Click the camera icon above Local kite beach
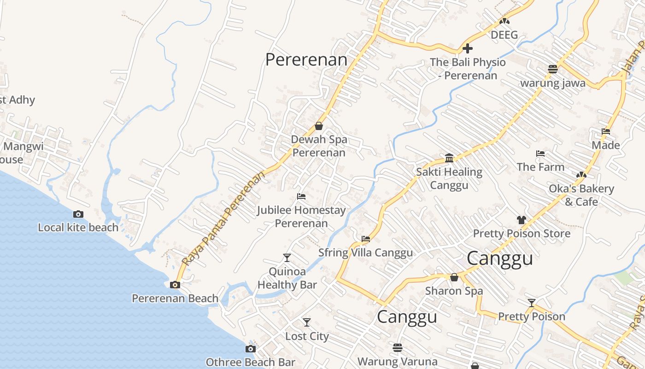pyautogui.click(x=78, y=214)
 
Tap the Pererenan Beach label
pyautogui.click(x=175, y=298)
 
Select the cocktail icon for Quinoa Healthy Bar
pyautogui.click(x=287, y=257)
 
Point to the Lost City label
pyautogui.click(x=307, y=336)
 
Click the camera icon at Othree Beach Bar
pyautogui.click(x=250, y=349)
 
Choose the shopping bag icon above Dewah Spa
pyautogui.click(x=318, y=125)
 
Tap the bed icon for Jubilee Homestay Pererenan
pyautogui.click(x=301, y=196)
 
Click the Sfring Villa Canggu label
pyautogui.click(x=365, y=253)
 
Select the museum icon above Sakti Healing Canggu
pyautogui.click(x=449, y=158)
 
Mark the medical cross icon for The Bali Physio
pyautogui.click(x=468, y=48)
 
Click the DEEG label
pyautogui.click(x=504, y=35)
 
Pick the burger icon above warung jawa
pyautogui.click(x=553, y=69)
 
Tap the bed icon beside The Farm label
pyautogui.click(x=540, y=153)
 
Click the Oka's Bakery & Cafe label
pyautogui.click(x=581, y=195)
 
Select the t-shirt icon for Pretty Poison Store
pyautogui.click(x=521, y=220)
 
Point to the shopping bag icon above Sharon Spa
pyautogui.click(x=454, y=277)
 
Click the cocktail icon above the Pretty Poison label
pyautogui.click(x=532, y=303)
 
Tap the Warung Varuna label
pyautogui.click(x=397, y=361)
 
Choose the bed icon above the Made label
pyautogui.click(x=606, y=131)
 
